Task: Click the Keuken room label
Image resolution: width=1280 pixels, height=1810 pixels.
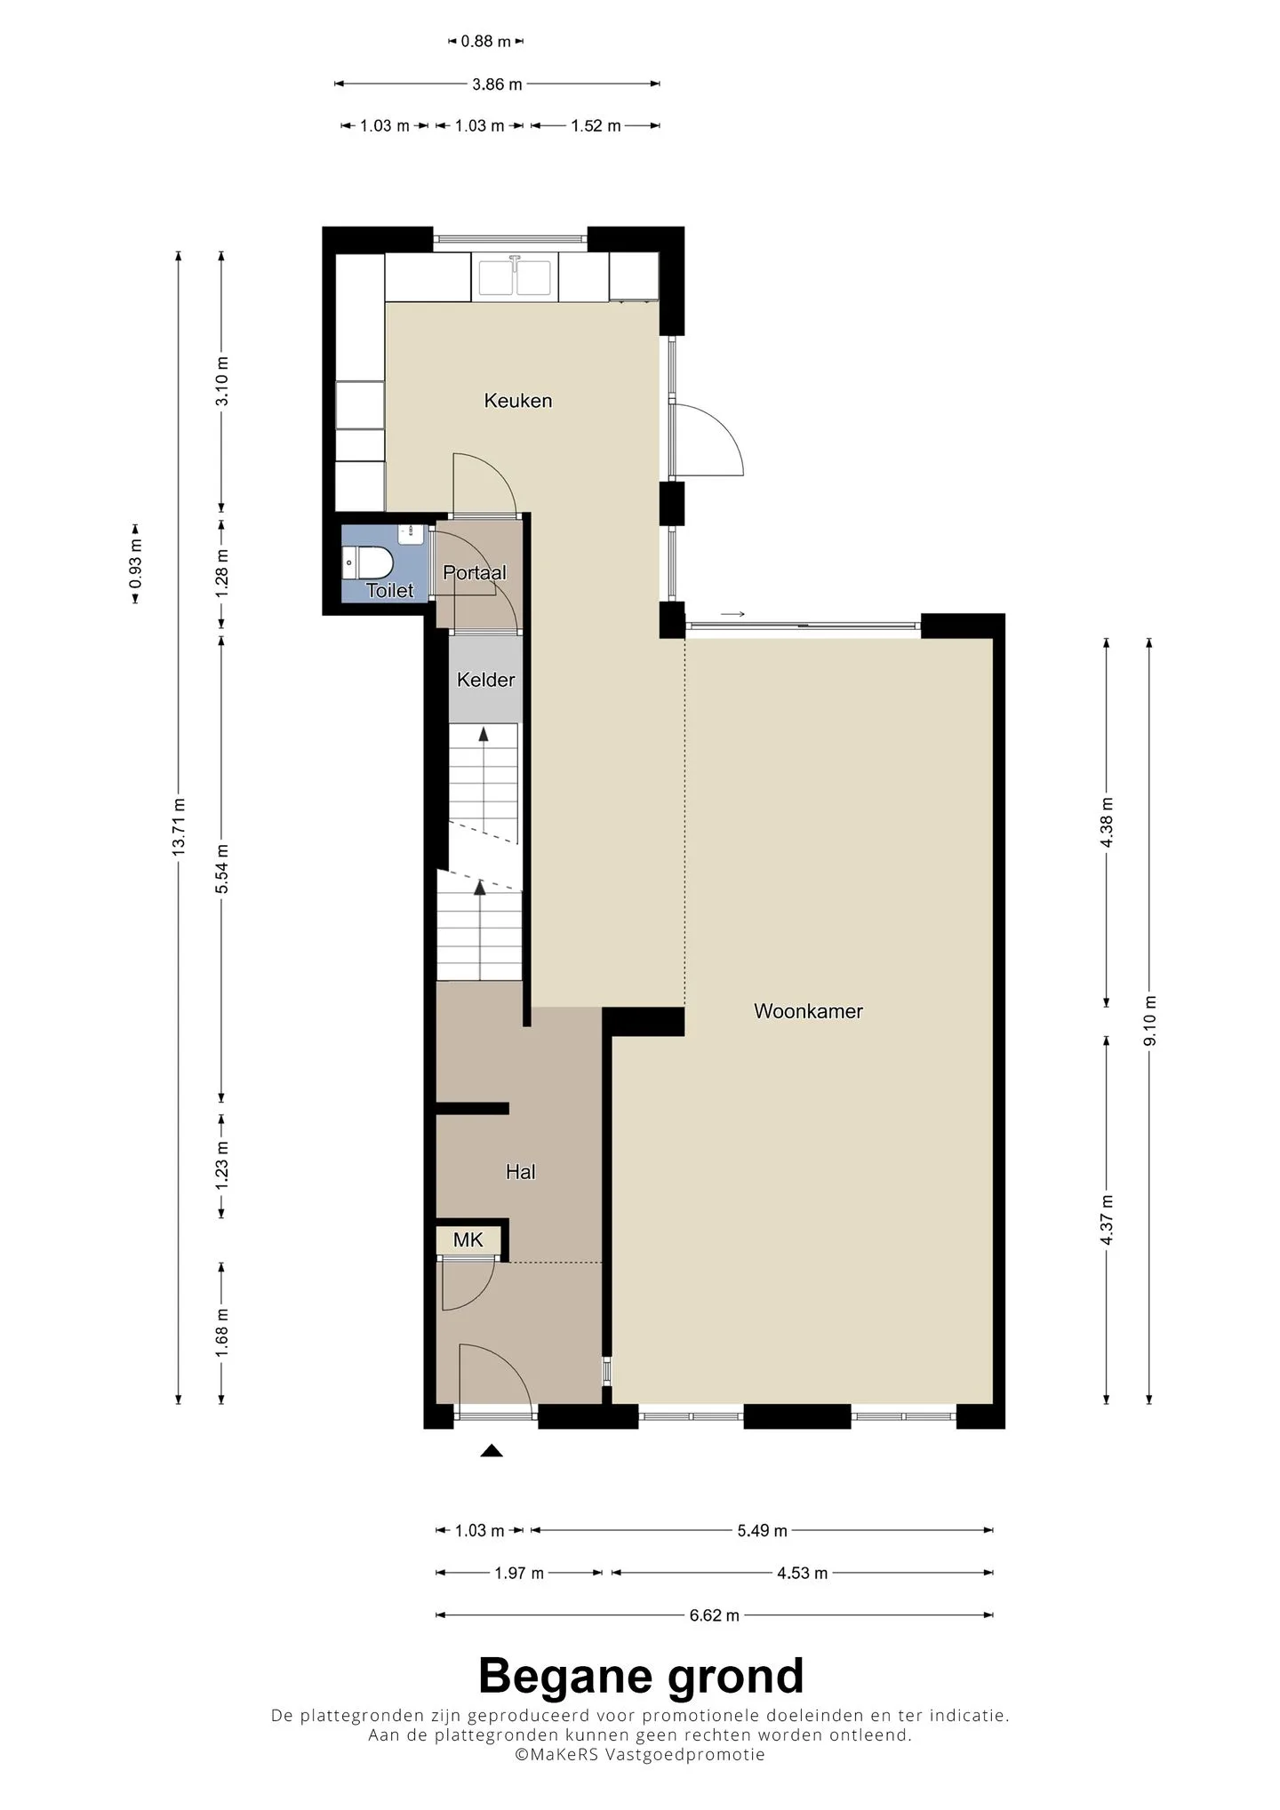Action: (517, 401)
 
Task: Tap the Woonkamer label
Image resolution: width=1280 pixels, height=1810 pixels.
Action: (808, 1011)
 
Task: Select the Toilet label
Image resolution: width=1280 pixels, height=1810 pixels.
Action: (390, 590)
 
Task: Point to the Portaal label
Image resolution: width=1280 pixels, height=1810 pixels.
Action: (475, 573)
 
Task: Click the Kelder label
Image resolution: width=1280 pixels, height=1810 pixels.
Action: (485, 680)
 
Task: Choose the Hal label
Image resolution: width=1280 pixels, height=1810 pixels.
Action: (520, 1172)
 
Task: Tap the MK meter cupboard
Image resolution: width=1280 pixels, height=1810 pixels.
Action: (468, 1240)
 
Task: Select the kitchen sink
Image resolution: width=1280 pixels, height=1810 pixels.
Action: (515, 276)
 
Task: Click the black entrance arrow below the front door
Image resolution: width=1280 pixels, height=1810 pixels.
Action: (492, 1451)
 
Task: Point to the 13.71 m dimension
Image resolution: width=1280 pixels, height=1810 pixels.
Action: (179, 827)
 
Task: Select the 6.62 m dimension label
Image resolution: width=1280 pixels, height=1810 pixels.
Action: (715, 1615)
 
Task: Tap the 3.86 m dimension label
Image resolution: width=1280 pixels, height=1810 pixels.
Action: (497, 84)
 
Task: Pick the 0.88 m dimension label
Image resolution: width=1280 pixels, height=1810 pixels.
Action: (486, 41)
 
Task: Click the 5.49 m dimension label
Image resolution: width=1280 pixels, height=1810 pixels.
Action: (762, 1530)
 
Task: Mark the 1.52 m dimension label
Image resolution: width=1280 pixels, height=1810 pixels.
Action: (596, 126)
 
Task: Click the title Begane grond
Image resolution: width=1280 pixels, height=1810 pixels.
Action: (641, 1677)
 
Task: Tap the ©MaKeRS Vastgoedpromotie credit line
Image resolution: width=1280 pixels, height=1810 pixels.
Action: (640, 1755)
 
